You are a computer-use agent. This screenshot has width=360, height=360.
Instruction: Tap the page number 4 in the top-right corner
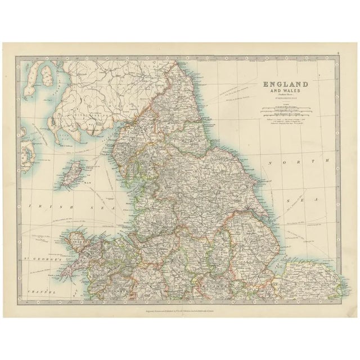click(x=337, y=55)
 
